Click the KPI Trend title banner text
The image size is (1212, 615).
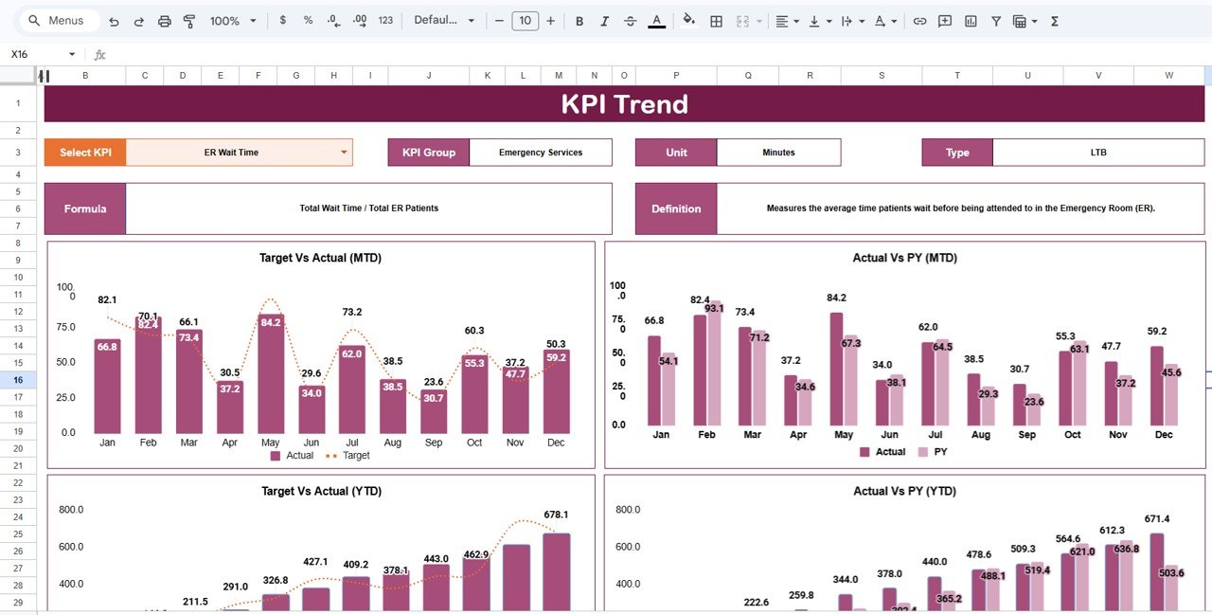click(624, 104)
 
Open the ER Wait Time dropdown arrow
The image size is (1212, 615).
click(344, 152)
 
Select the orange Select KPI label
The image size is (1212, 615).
click(85, 153)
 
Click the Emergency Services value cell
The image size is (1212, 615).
click(541, 153)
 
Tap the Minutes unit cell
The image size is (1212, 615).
click(778, 153)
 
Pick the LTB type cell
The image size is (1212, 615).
click(1098, 153)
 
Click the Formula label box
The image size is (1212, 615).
click(85, 208)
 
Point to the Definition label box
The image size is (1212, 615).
click(676, 208)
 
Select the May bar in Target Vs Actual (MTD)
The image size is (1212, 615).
click(271, 374)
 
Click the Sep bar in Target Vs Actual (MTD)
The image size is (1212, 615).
click(434, 412)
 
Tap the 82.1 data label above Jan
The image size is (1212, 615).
click(107, 300)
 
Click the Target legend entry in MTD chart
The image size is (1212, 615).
click(349, 456)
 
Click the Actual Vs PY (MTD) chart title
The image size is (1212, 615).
click(904, 258)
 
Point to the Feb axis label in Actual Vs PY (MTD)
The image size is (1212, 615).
click(706, 435)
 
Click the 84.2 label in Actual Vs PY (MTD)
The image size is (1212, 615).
click(836, 298)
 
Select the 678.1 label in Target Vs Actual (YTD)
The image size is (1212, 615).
click(556, 515)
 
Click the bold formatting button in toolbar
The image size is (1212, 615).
click(579, 21)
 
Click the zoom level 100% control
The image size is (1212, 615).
click(231, 21)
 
